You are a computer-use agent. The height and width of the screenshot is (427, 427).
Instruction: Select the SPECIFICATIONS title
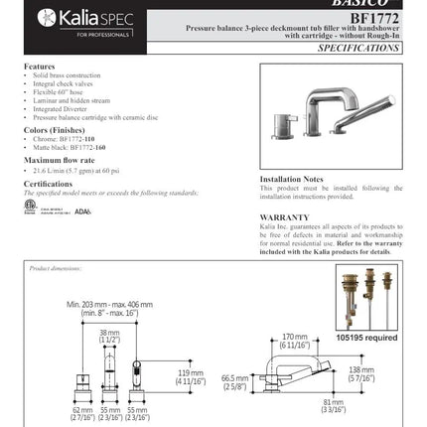click(357, 48)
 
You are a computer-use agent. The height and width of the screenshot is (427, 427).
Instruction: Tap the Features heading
click(40, 67)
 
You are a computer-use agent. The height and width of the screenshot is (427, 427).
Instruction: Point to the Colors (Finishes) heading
click(56, 130)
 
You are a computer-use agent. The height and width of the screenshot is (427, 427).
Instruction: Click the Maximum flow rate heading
click(60, 160)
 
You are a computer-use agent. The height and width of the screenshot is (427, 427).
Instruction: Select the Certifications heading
click(48, 184)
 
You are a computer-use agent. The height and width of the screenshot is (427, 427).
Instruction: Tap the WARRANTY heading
click(284, 216)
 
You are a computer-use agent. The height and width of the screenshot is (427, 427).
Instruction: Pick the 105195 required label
click(366, 338)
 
